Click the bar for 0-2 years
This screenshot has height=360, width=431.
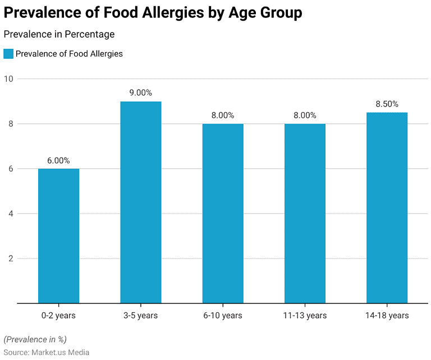click(x=58, y=236)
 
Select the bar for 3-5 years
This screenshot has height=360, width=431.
click(x=140, y=202)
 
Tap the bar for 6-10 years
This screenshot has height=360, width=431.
click(x=223, y=214)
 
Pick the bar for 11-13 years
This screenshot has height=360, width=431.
click(x=305, y=214)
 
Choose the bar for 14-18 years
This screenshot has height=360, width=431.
click(x=387, y=208)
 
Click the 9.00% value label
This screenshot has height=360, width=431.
click(x=140, y=93)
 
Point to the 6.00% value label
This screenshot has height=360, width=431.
click(x=58, y=160)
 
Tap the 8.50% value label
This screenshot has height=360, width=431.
click(x=387, y=104)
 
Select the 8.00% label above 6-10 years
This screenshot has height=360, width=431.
click(x=223, y=116)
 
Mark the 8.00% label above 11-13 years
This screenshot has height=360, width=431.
click(x=305, y=116)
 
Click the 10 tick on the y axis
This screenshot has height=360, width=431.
click(x=8, y=79)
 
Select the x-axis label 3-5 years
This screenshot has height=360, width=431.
click(x=140, y=316)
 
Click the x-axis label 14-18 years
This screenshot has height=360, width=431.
click(x=387, y=316)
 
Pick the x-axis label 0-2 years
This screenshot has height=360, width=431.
click(x=58, y=316)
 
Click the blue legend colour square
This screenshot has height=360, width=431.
click(x=8, y=54)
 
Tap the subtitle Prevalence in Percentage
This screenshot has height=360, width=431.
click(x=59, y=34)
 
